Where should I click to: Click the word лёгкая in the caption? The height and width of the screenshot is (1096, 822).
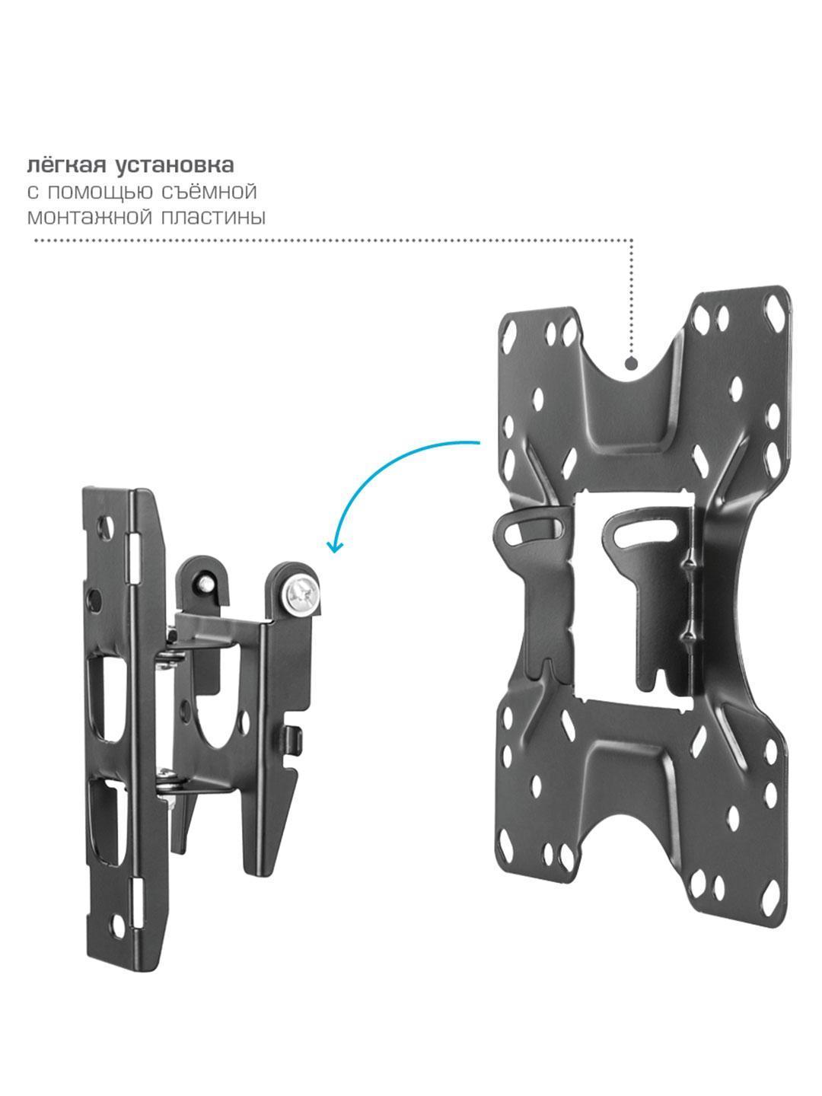click(66, 165)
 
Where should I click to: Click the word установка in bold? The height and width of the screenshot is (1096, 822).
click(175, 166)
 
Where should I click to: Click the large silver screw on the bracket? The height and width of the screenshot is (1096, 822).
click(300, 595)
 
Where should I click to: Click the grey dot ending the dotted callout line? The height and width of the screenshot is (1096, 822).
click(632, 363)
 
